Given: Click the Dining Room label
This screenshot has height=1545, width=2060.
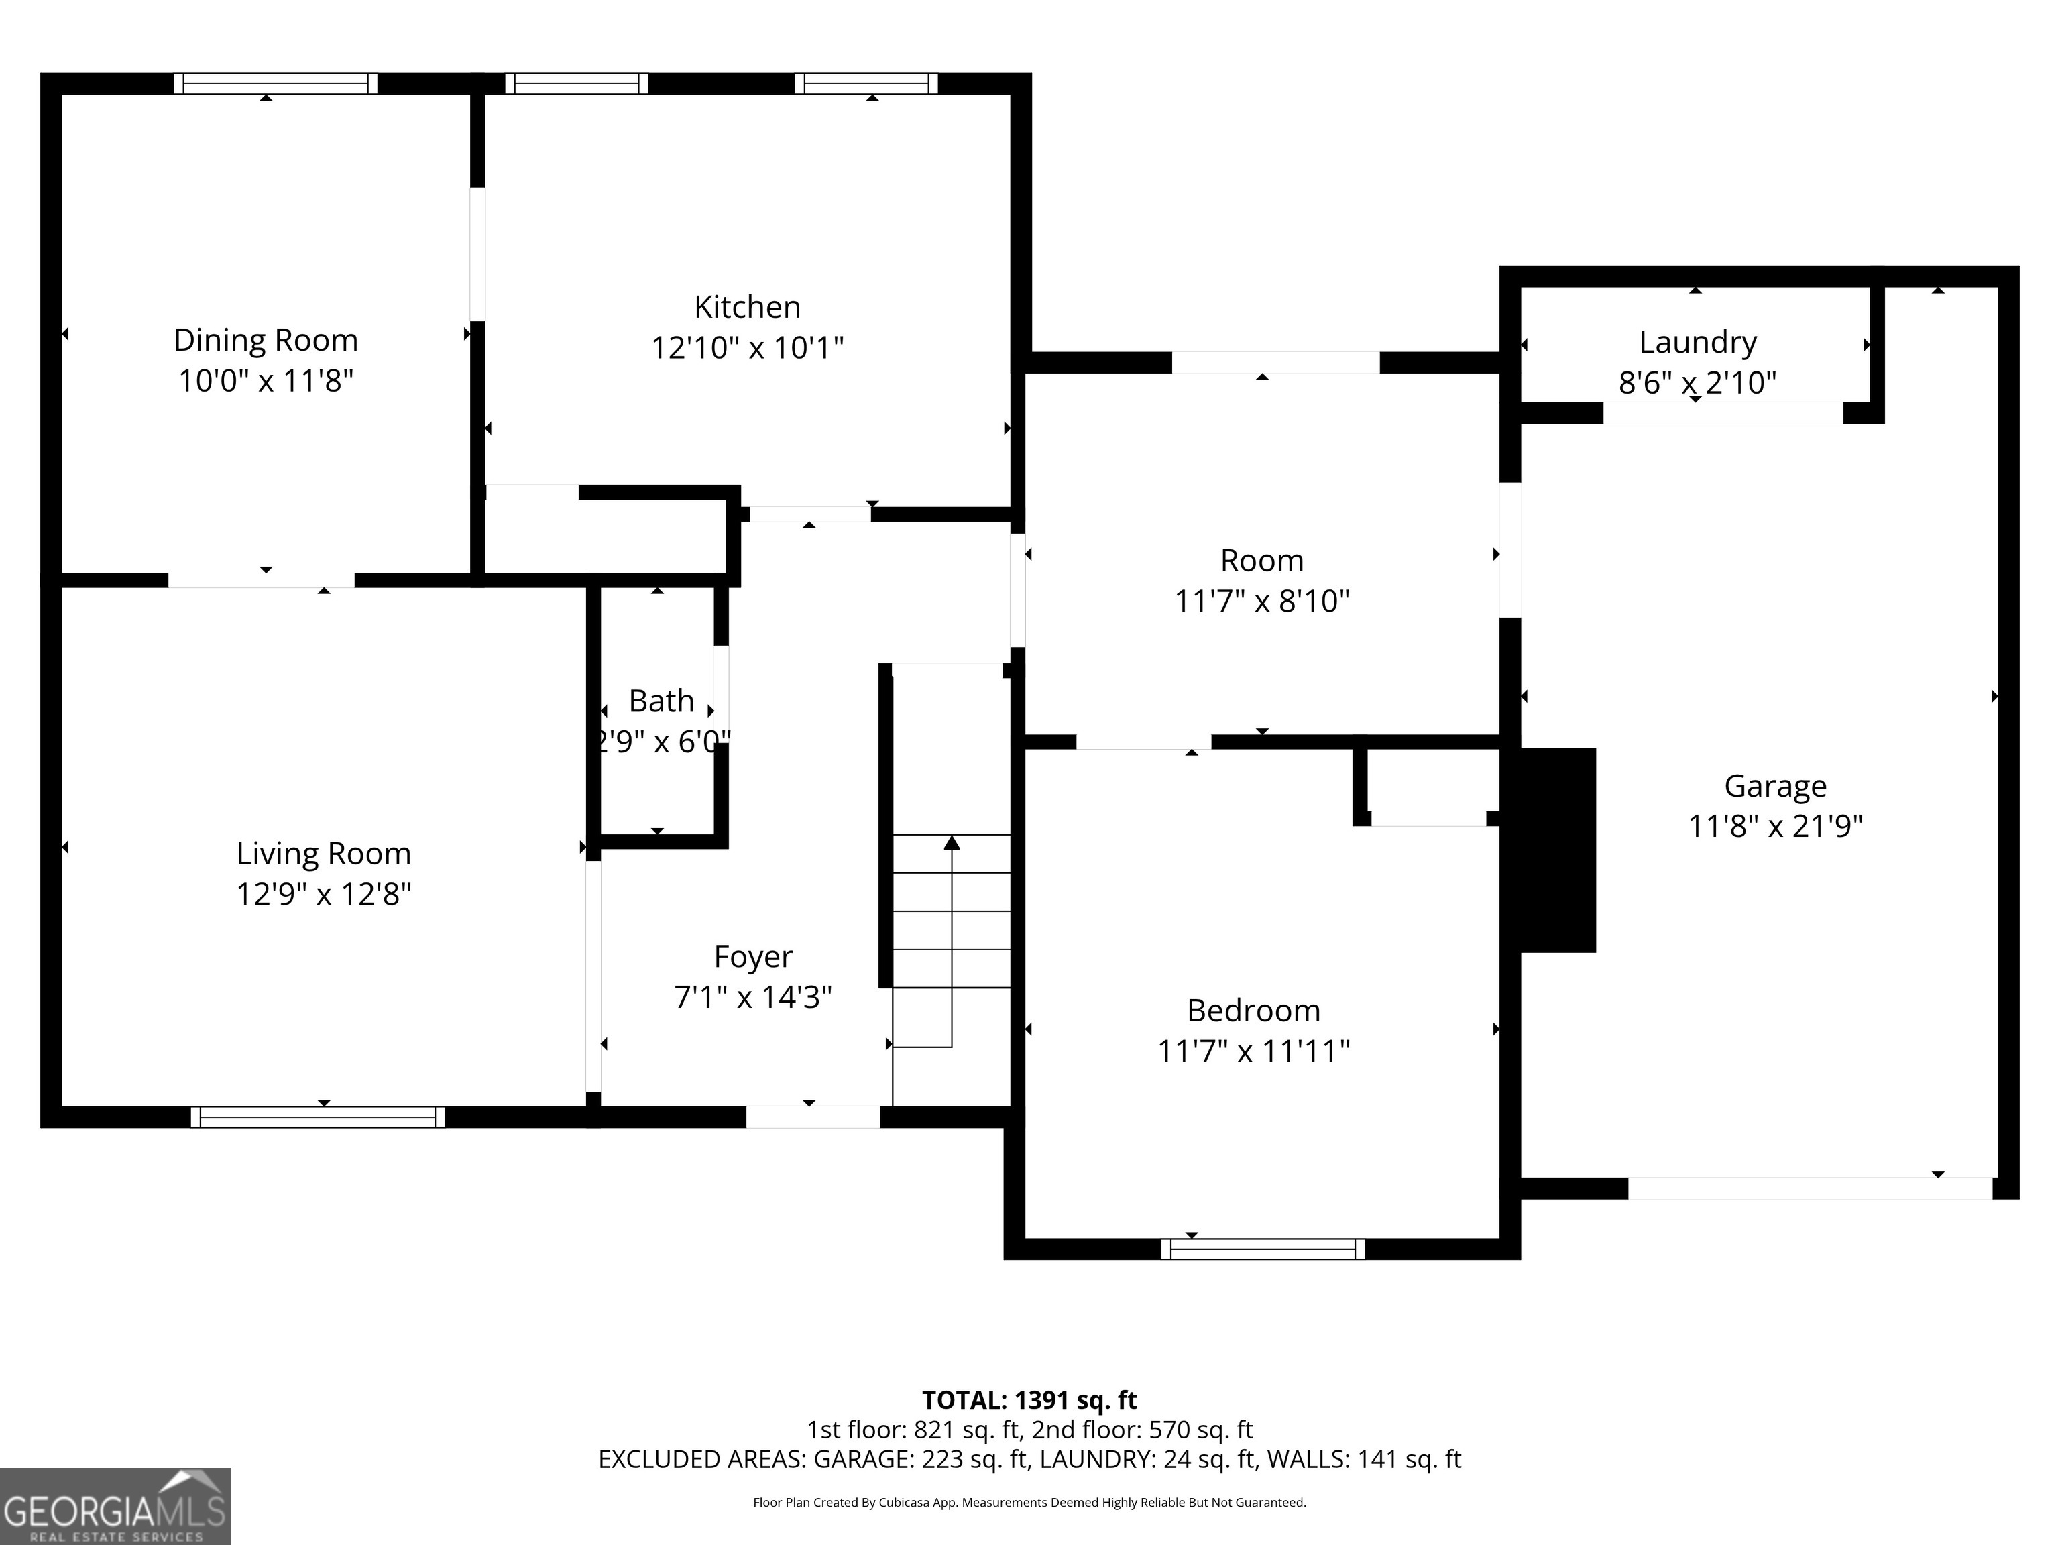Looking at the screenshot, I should tap(266, 340).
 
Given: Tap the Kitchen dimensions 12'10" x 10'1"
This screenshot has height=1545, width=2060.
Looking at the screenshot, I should tap(747, 348).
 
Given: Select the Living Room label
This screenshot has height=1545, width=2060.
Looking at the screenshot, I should tap(323, 853).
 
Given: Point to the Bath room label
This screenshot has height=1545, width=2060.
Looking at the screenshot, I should tap(661, 700).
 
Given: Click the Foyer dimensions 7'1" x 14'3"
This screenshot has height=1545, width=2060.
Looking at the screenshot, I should tap(752, 997).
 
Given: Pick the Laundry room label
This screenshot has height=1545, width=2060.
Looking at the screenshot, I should tap(1698, 342).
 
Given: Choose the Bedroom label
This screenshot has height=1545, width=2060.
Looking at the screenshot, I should tap(1253, 1011).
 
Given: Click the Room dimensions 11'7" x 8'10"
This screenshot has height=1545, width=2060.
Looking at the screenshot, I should tap(1262, 601).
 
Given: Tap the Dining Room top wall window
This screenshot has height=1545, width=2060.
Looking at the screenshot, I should tap(276, 84).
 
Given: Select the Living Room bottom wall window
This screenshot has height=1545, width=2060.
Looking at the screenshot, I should tap(318, 1117).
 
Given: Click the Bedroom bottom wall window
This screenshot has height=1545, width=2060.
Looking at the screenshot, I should tap(1263, 1249).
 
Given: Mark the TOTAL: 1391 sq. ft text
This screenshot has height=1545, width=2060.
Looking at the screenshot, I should tap(1029, 1401).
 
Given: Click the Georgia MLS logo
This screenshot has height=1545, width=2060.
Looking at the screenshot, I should tap(115, 1506).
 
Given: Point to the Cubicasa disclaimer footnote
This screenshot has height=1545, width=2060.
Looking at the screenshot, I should tap(1029, 1502).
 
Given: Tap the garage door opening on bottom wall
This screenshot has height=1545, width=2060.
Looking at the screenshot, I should tap(1809, 1188).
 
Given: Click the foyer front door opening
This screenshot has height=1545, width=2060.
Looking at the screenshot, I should tap(812, 1117).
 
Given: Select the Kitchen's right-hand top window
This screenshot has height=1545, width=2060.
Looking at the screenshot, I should tap(866, 84).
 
